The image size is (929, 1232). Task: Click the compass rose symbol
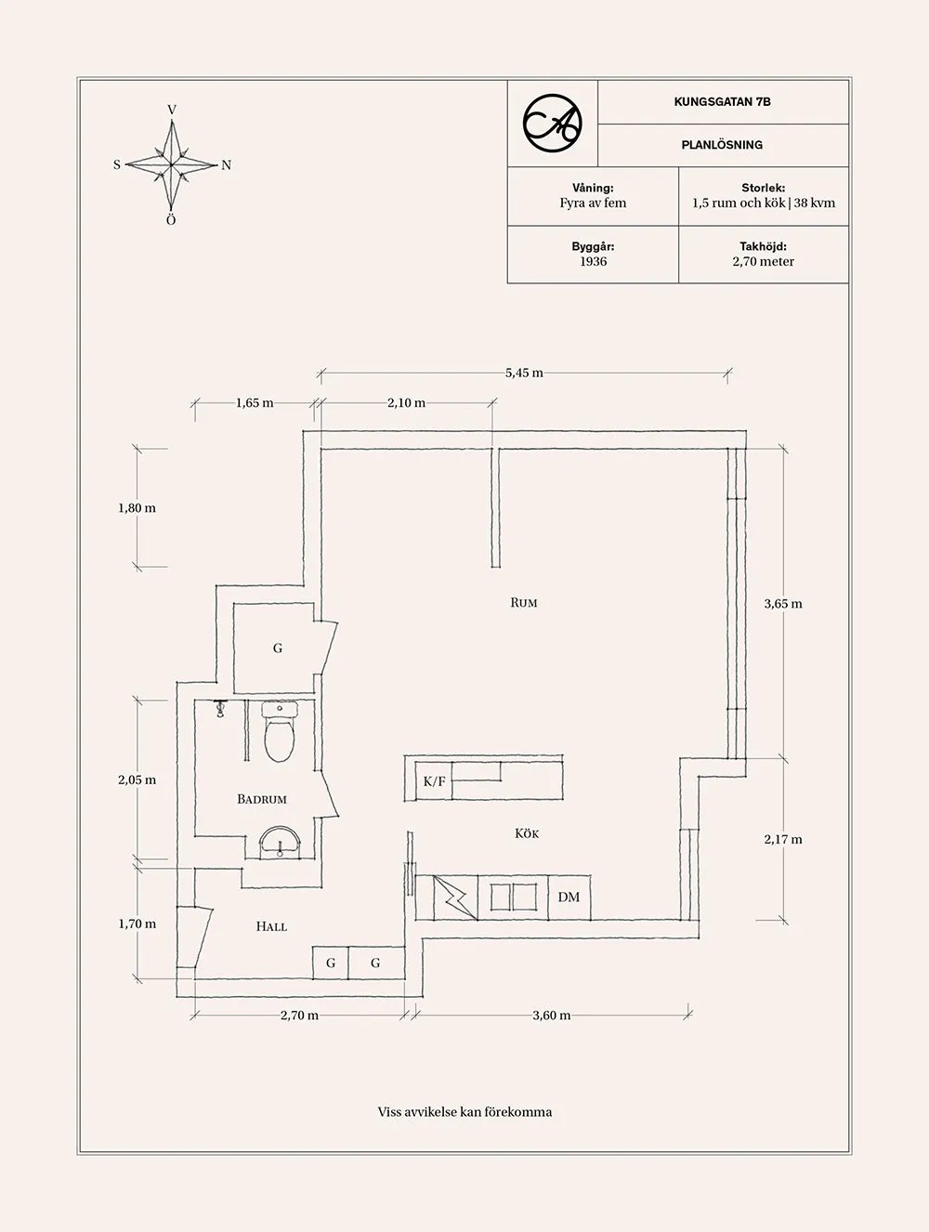tap(172, 165)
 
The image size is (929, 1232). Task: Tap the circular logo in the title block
tap(553, 123)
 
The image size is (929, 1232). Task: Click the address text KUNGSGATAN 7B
tap(722, 102)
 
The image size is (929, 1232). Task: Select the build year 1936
tap(593, 262)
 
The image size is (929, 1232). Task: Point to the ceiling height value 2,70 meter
tap(763, 262)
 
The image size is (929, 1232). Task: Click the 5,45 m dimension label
tap(524, 373)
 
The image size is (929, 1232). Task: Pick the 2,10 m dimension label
tap(406, 403)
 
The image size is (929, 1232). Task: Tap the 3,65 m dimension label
tap(783, 604)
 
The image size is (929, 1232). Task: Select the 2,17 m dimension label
tap(783, 839)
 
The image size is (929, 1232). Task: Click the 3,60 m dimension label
tap(552, 1016)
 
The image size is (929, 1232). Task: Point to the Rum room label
tap(524, 603)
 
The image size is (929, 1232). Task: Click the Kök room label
tap(527, 833)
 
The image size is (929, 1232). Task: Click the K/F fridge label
tap(434, 781)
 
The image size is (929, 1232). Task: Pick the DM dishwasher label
tap(569, 897)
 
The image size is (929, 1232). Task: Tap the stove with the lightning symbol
tap(456, 898)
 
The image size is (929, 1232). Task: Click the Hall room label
tap(271, 926)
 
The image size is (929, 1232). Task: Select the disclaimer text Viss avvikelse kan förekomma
tap(464, 1112)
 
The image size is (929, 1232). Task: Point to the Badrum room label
tap(261, 799)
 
